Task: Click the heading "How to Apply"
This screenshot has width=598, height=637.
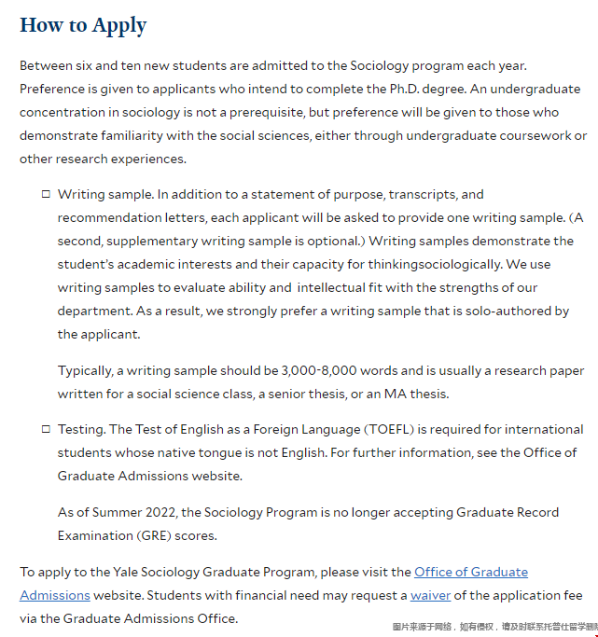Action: pyautogui.click(x=83, y=25)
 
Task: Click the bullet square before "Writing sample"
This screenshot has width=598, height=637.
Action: pyautogui.click(x=46, y=195)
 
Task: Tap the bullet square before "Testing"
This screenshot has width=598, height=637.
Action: pyautogui.click(x=46, y=429)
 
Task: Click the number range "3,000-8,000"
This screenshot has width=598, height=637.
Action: pyautogui.click(x=320, y=370)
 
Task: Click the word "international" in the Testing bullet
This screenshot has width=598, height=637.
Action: pyautogui.click(x=543, y=429)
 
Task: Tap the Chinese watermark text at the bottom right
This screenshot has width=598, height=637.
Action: pyautogui.click(x=494, y=627)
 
